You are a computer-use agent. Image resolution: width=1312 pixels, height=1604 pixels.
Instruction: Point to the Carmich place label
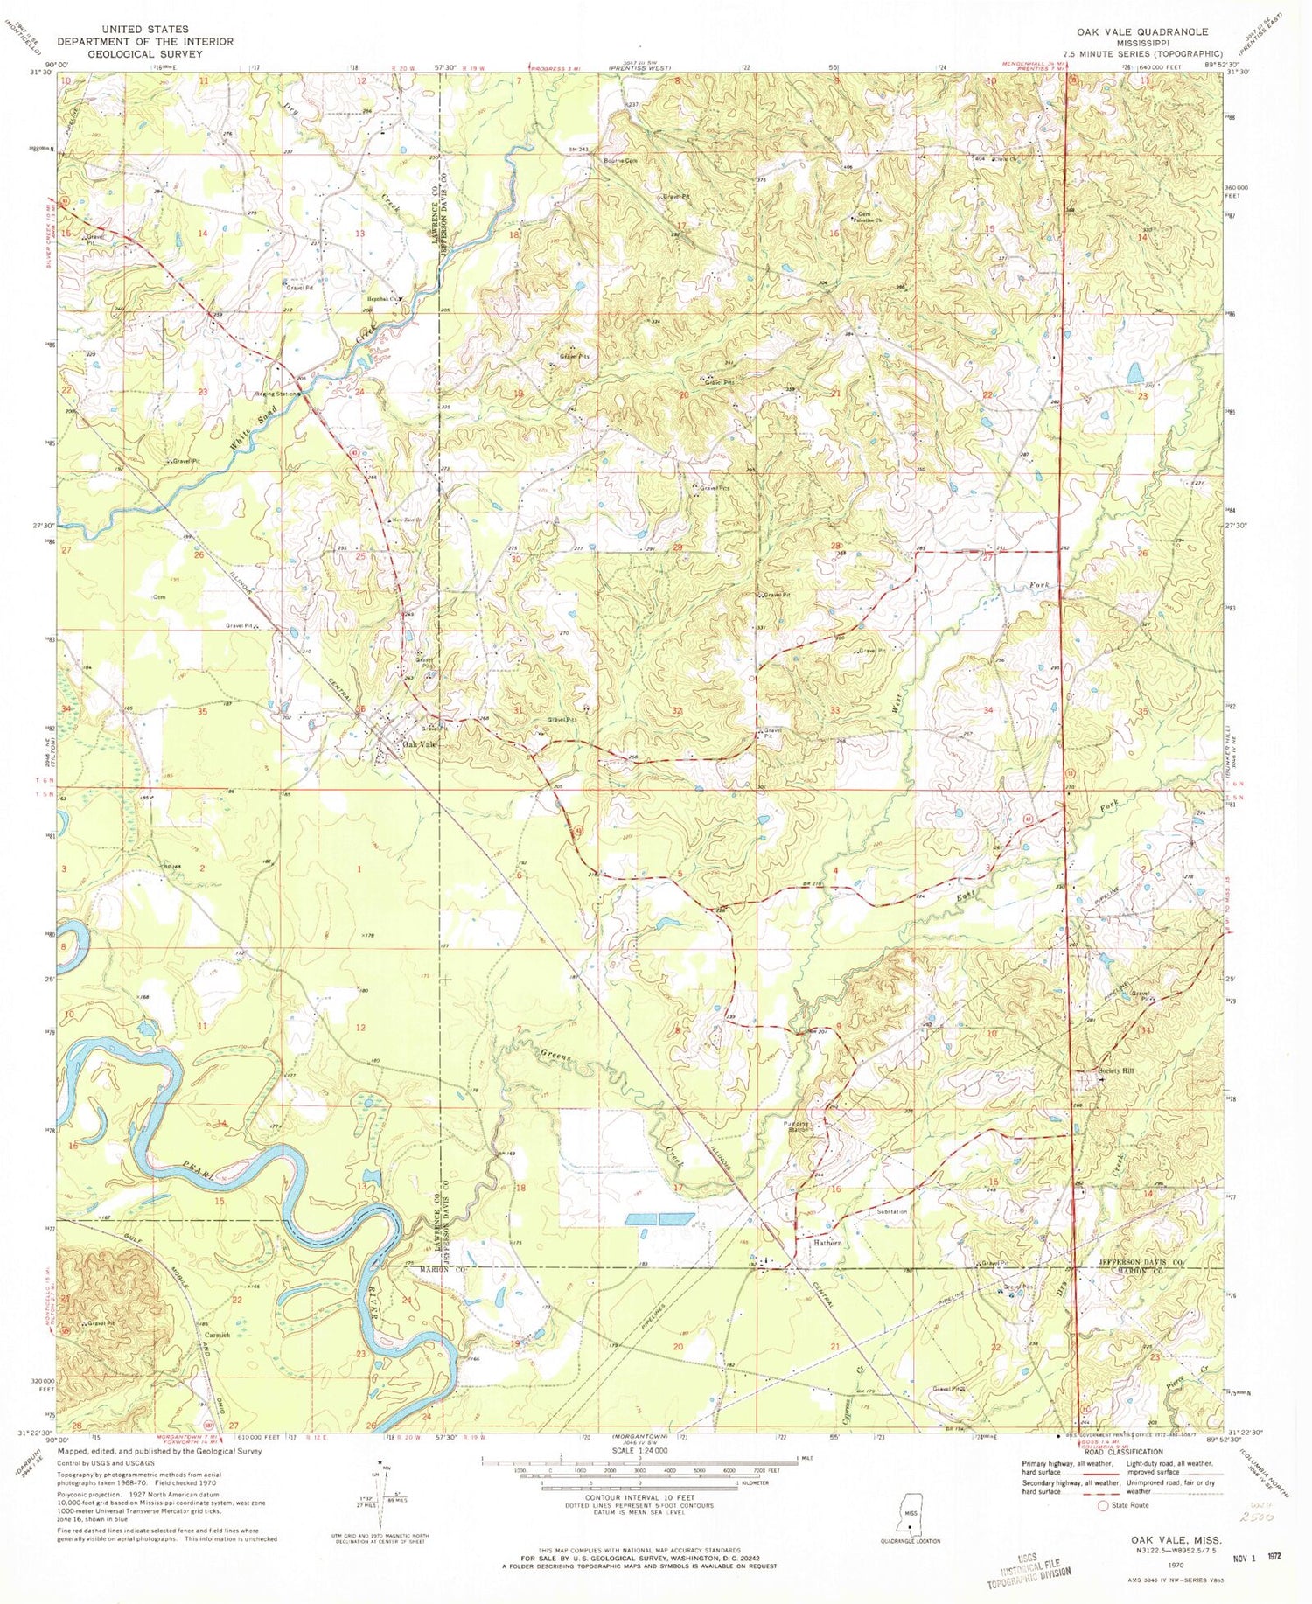coord(217,1335)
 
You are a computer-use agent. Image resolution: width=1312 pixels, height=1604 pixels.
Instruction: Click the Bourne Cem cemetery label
coord(620,160)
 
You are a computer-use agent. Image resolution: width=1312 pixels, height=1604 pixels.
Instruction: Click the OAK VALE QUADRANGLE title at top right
coord(1147,31)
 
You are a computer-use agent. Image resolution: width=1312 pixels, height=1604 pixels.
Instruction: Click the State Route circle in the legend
coord(1115,1506)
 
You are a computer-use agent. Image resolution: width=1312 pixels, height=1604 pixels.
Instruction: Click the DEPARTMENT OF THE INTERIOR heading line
coord(144,42)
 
